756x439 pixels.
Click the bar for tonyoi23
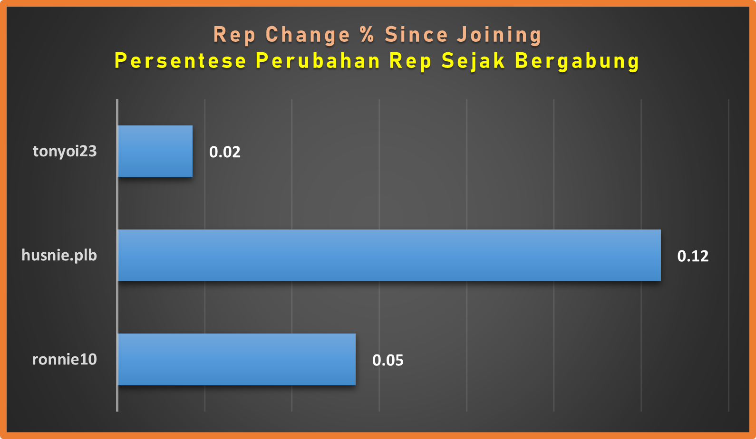pos(155,151)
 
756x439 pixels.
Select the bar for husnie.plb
pos(389,255)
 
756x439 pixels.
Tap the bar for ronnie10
pos(237,360)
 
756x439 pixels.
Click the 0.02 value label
pos(225,152)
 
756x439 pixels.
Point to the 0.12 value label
pos(693,256)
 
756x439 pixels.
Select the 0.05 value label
pos(388,361)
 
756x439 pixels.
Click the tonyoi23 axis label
pos(65,152)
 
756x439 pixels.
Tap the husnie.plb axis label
pos(59,255)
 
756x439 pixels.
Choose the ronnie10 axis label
pos(65,360)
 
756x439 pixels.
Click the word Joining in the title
pos(499,35)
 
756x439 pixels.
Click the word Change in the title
pos(308,35)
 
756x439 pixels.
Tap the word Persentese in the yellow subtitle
pos(181,61)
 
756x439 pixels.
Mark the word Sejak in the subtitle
pos(473,62)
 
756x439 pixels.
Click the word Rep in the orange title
pos(234,35)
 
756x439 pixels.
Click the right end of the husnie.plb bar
pos(660,255)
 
